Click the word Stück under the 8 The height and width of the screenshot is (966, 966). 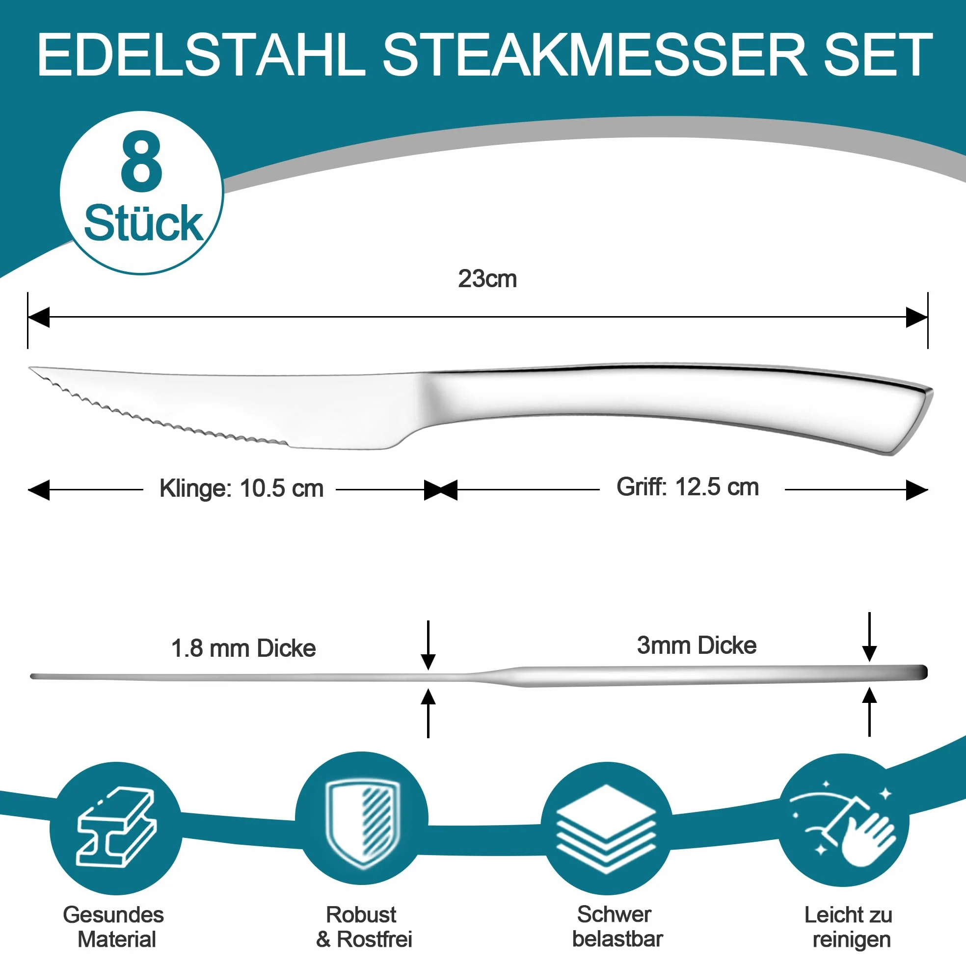(143, 223)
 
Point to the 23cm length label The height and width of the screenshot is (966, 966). (487, 279)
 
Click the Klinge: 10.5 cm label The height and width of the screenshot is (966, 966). (241, 488)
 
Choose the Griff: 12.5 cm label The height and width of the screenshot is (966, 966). (688, 487)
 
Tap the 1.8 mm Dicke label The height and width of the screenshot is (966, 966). (243, 648)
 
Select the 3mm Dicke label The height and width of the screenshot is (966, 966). (697, 645)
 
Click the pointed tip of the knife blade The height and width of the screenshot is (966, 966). (30, 369)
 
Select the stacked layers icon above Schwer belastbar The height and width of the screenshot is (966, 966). (606, 828)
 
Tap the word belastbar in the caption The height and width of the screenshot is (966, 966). (617, 939)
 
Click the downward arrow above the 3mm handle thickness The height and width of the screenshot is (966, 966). (869, 637)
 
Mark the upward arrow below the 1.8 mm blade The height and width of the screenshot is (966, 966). (428, 714)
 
